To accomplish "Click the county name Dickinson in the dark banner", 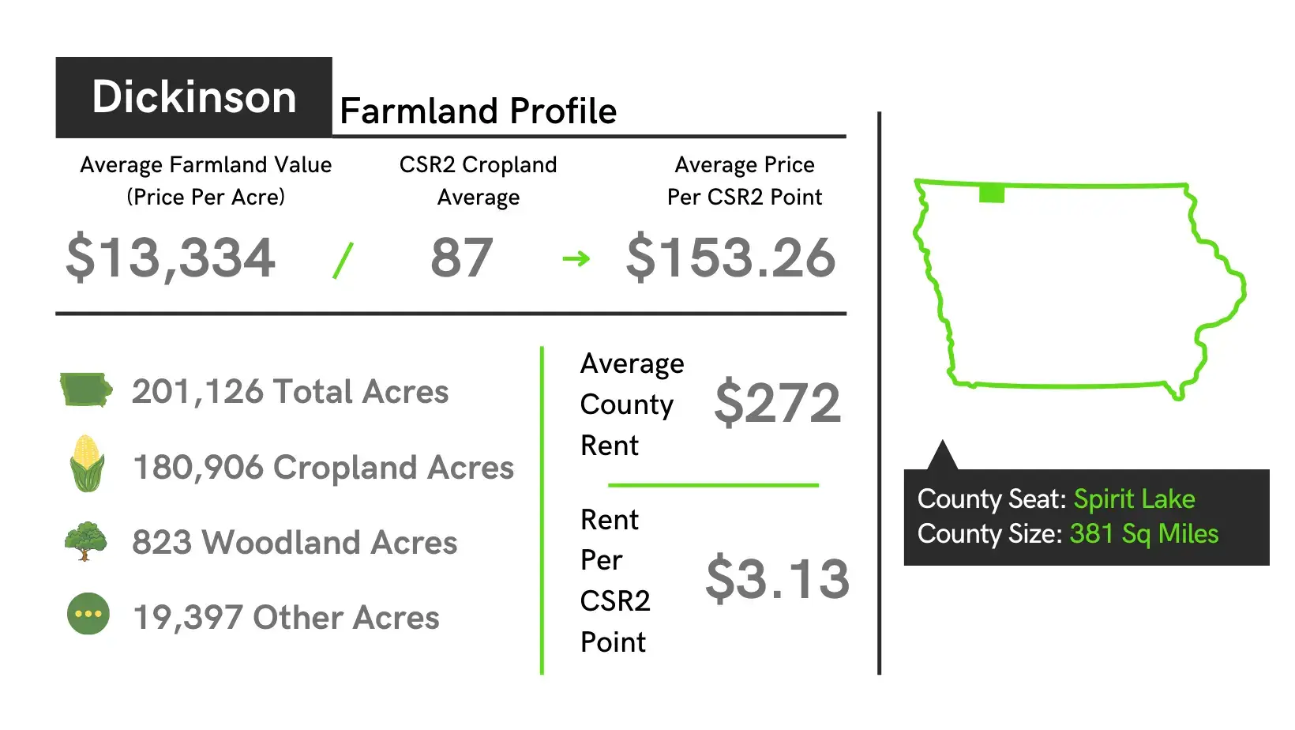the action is [x=194, y=96].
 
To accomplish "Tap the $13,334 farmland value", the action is [x=171, y=257].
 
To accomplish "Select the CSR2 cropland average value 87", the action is [x=461, y=258].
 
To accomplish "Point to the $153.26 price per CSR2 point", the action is [x=730, y=258].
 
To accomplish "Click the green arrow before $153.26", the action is [x=576, y=258].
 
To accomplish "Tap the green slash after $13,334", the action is [x=343, y=260].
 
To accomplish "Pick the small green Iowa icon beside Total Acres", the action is [x=86, y=389].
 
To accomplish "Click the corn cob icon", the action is [x=88, y=463].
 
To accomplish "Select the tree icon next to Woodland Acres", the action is [x=85, y=541].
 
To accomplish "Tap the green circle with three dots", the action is [x=88, y=614].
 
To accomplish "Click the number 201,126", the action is [x=197, y=392].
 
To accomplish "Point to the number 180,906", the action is [x=198, y=468].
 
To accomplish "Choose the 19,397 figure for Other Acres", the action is [x=188, y=617].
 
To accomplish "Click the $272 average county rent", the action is [x=778, y=403].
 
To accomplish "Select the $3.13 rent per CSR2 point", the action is [x=778, y=578].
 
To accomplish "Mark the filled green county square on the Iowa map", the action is [x=992, y=194].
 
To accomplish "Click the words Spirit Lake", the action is [x=1134, y=499].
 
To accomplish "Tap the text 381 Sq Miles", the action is [x=1144, y=534].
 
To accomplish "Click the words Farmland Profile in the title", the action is [x=478, y=111].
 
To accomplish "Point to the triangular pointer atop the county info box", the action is [x=942, y=457].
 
